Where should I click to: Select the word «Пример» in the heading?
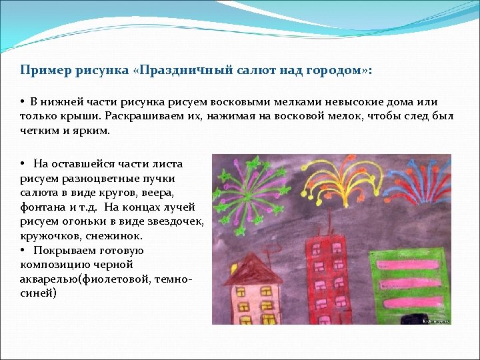tap(39, 70)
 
